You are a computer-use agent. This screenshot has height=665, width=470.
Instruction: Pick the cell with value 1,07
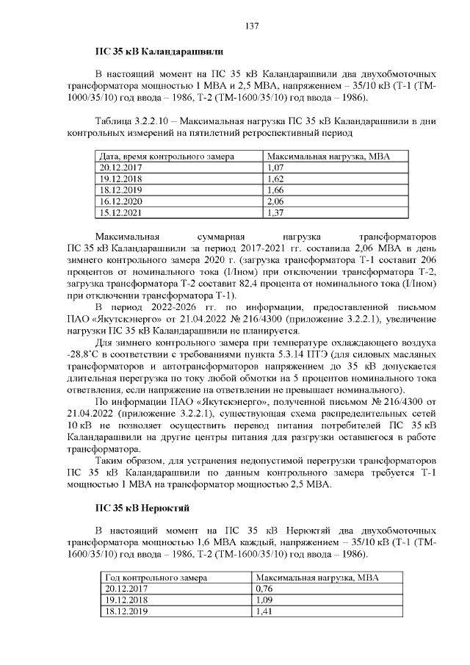275,168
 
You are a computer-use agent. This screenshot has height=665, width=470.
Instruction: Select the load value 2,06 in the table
275,201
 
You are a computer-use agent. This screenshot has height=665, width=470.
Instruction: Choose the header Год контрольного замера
156,578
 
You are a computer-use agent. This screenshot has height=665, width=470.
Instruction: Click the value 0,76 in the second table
264,589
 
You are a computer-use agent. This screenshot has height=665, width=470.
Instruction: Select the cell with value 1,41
264,611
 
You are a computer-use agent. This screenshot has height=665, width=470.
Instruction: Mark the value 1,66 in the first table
275,190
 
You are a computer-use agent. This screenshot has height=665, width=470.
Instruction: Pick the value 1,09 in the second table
264,600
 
